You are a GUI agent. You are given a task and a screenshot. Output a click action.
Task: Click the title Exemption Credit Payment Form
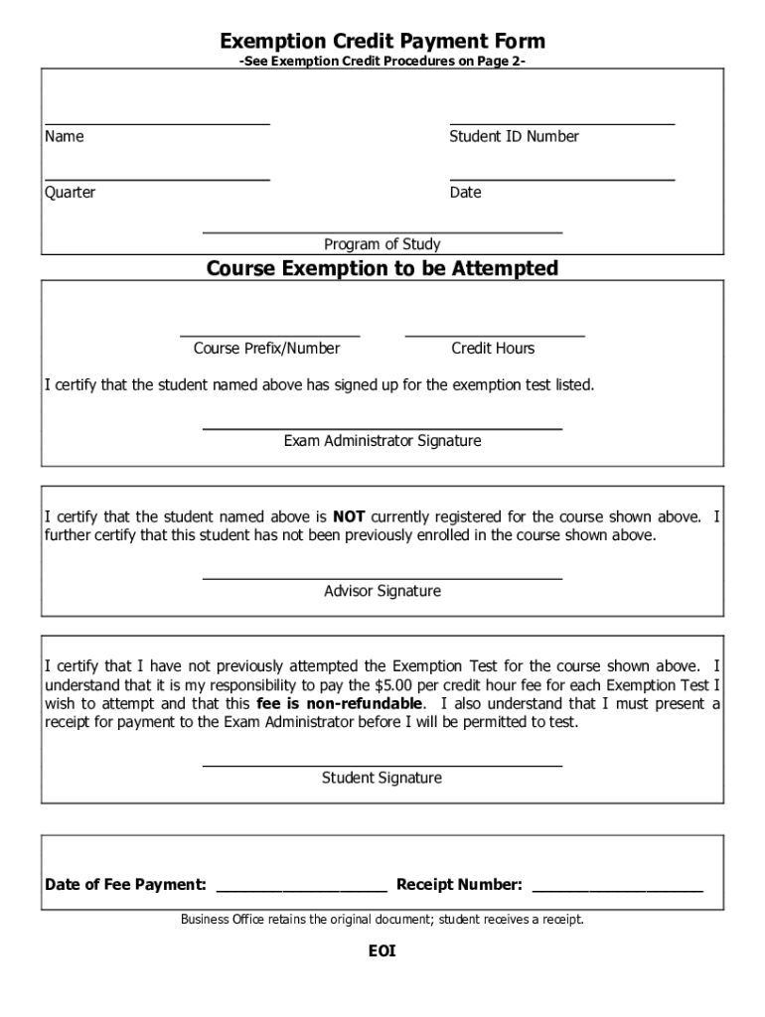pyautogui.click(x=382, y=41)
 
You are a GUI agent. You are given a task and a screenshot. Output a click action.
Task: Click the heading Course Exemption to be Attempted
pyautogui.click(x=382, y=268)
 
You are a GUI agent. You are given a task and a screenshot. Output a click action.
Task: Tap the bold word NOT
pyautogui.click(x=349, y=516)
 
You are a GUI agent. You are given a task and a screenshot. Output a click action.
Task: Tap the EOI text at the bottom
pyautogui.click(x=382, y=951)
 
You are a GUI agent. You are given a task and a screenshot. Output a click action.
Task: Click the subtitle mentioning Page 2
pyautogui.click(x=382, y=62)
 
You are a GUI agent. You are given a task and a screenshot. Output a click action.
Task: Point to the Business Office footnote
pyautogui.click(x=382, y=919)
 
